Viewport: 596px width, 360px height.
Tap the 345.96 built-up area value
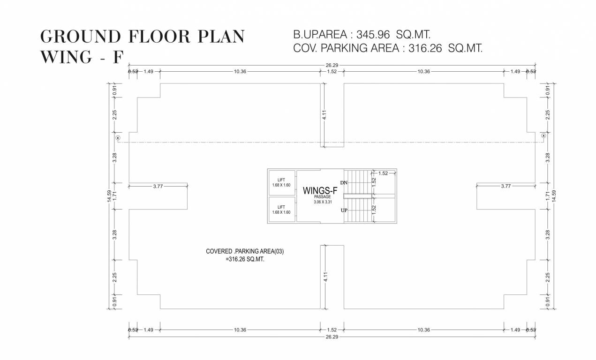[373, 35]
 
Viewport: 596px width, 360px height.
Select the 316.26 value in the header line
[425, 48]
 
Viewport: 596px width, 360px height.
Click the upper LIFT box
[281, 182]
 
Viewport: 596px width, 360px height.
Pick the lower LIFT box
[281, 210]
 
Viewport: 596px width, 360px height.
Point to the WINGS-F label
[320, 190]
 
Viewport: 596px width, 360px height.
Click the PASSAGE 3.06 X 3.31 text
[322, 200]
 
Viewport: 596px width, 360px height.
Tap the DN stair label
[344, 182]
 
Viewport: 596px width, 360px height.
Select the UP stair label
[344, 210]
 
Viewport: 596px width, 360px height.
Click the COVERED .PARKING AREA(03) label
[245, 251]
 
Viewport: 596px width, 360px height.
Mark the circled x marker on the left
[118, 138]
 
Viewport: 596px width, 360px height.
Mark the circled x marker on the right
[543, 135]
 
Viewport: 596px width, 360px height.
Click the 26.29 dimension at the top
[332, 66]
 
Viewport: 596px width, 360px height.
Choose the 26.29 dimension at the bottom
[332, 337]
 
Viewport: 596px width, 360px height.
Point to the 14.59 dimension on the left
[109, 196]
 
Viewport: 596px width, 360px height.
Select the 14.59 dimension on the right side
[554, 196]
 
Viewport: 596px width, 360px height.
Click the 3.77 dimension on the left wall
[158, 186]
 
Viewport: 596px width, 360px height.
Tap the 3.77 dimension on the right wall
[505, 186]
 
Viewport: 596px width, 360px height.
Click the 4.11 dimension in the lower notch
[324, 277]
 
